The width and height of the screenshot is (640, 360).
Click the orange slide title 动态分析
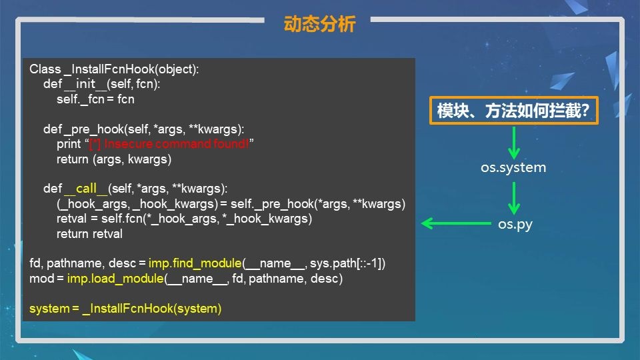[x=319, y=24]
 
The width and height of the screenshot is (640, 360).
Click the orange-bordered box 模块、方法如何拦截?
[x=513, y=110]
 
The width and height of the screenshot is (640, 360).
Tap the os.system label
[x=513, y=167]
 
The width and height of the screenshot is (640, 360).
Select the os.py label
[x=515, y=224]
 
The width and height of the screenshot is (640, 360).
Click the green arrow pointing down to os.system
[x=514, y=143]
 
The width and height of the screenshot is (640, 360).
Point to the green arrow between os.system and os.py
[x=514, y=198]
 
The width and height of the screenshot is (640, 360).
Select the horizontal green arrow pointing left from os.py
[x=456, y=223]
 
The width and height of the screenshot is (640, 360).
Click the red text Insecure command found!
[x=176, y=144]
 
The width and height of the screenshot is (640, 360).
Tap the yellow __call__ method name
[x=86, y=189]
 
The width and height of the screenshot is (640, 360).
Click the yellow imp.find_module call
[x=195, y=263]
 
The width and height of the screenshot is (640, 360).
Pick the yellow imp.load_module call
[x=115, y=279]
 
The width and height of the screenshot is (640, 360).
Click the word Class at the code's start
[x=45, y=69]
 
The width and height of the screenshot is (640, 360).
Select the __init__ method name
[x=85, y=84]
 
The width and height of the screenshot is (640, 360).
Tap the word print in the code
[x=69, y=144]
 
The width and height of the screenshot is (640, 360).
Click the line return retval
[x=89, y=234]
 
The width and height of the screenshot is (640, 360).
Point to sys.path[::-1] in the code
[x=347, y=263]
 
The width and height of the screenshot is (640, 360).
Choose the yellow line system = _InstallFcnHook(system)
[x=125, y=309]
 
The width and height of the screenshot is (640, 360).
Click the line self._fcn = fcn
[x=95, y=99]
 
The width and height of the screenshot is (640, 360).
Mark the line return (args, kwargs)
[x=114, y=159]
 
